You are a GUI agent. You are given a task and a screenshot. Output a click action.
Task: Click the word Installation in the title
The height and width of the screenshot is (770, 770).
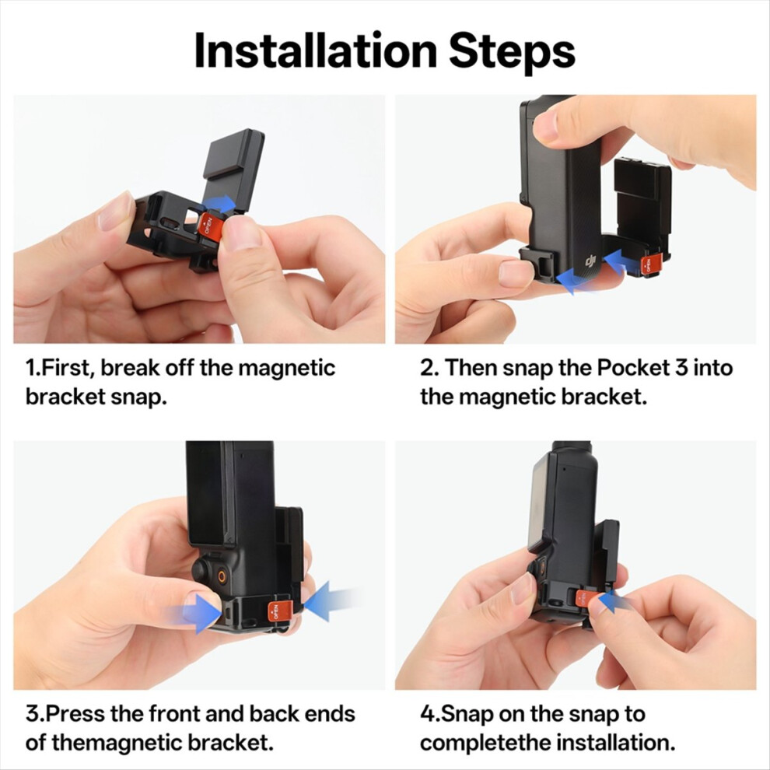point(315,51)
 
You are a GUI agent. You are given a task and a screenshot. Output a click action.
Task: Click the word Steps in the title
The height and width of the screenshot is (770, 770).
point(512,54)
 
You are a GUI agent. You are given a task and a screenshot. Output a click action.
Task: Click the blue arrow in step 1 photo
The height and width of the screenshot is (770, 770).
point(219,203)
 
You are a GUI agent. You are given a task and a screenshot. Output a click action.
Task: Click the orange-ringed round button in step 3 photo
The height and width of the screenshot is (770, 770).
point(222,576)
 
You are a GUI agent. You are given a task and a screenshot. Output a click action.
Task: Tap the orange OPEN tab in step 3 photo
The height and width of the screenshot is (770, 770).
point(279,611)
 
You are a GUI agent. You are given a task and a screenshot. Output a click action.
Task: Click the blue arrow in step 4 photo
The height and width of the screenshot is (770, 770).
point(616,602)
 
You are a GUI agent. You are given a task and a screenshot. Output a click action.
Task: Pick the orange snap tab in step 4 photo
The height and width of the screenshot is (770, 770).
point(586,599)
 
